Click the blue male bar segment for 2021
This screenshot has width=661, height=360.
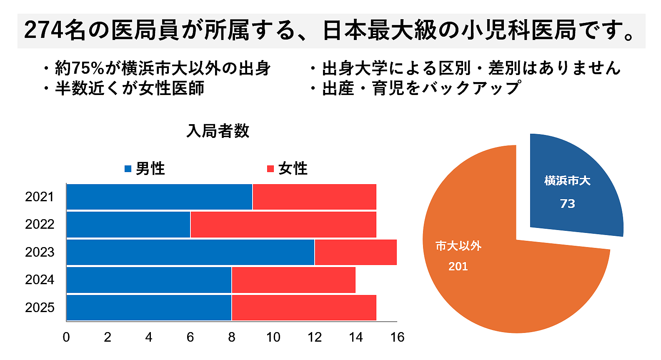point(159,197)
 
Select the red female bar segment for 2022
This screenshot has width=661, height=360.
point(283,225)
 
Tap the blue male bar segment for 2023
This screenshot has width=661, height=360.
point(190,252)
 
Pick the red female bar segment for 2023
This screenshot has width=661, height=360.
point(356,252)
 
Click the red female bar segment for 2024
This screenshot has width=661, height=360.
point(293,280)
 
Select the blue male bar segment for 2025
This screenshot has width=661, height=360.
point(149,307)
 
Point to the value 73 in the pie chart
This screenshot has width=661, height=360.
point(567,204)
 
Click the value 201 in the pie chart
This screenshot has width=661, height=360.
point(458,266)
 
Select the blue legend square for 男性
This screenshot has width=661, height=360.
point(128,169)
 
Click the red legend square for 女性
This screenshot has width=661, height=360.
point(270,169)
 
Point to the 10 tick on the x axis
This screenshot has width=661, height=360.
point(273,337)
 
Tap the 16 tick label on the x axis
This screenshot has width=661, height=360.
point(397,337)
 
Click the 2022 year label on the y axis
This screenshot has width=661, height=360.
point(40,225)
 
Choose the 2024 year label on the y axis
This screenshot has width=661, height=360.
point(40,280)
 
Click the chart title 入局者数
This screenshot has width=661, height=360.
point(218,131)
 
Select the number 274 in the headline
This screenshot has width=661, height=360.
point(44,30)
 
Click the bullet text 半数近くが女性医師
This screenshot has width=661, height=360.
point(130,88)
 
